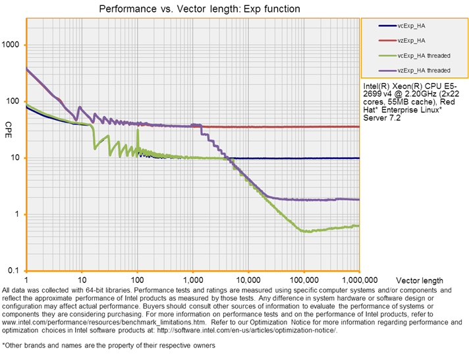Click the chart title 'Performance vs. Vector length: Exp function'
pos(199,9)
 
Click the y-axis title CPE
pos(9,125)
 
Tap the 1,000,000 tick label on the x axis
pos(359,280)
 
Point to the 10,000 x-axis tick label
pos(248,280)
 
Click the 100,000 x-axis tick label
pos(303,280)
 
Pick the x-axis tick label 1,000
pos(192,280)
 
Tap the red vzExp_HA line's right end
pos(359,127)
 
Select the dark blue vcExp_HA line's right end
pos(359,158)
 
